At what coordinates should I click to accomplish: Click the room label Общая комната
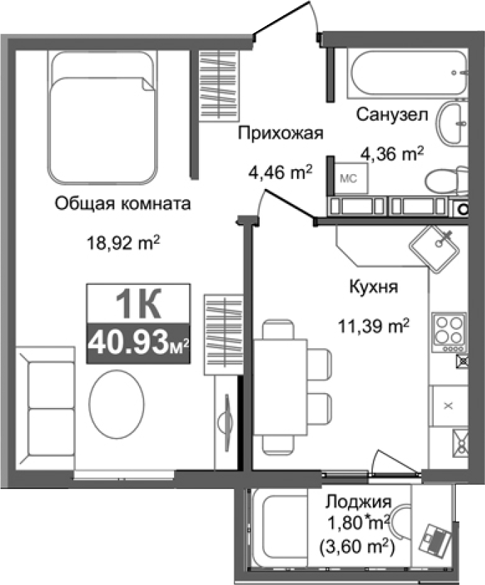click(123, 205)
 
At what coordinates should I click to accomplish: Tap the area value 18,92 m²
click(123, 243)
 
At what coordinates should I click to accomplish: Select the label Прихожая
click(280, 133)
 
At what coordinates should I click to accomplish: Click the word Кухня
click(373, 288)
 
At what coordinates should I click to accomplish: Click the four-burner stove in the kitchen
click(449, 331)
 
